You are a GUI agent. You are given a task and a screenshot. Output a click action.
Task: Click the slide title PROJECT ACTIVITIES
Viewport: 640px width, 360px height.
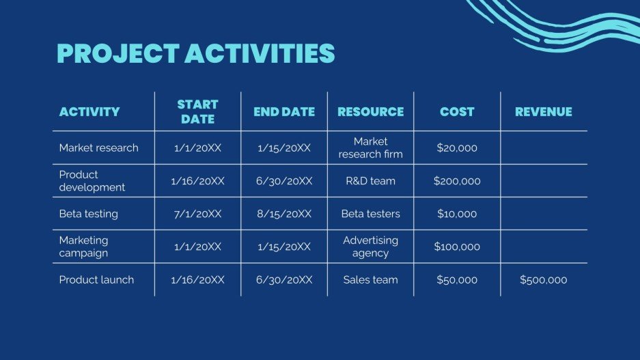pos(195,53)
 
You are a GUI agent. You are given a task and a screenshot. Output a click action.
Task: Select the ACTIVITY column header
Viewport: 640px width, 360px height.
pos(89,112)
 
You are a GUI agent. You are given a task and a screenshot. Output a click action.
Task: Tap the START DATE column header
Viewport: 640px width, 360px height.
pos(197,112)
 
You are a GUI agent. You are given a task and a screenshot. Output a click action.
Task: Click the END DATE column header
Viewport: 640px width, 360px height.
pos(284,112)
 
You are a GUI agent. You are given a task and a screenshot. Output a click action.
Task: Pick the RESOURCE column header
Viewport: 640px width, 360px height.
pos(370,112)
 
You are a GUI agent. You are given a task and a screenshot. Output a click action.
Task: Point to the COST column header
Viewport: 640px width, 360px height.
pos(457,112)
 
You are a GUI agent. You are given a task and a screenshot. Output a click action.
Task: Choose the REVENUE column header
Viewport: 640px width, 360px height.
pos(543,112)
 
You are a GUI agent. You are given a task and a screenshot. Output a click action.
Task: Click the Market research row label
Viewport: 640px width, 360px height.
pos(98,148)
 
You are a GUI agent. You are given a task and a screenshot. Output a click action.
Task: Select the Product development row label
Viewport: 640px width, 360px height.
pos(92,181)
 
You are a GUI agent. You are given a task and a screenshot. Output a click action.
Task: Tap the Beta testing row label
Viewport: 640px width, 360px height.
pos(88,214)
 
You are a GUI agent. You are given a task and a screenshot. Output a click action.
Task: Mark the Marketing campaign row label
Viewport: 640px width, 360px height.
pos(83,247)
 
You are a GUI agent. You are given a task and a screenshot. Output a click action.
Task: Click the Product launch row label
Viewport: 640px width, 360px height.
pos(96,280)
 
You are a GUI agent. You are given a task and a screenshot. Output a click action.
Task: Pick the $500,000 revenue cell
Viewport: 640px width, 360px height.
pos(543,280)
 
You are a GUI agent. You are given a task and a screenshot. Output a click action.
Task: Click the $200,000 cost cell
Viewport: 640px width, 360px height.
pos(457,182)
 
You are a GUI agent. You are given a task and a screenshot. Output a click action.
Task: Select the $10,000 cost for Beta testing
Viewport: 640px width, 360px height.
pos(457,214)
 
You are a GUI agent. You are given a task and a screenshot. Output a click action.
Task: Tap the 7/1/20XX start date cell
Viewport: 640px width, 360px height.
pos(197,214)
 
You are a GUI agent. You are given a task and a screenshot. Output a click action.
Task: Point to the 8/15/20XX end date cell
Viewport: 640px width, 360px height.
pos(284,214)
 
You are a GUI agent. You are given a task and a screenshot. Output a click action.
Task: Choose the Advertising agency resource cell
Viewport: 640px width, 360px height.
pos(370,247)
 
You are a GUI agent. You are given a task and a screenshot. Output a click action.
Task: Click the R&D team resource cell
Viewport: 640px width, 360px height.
pos(370,182)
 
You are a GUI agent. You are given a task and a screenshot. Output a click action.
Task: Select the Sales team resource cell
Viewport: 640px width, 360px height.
pos(370,280)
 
